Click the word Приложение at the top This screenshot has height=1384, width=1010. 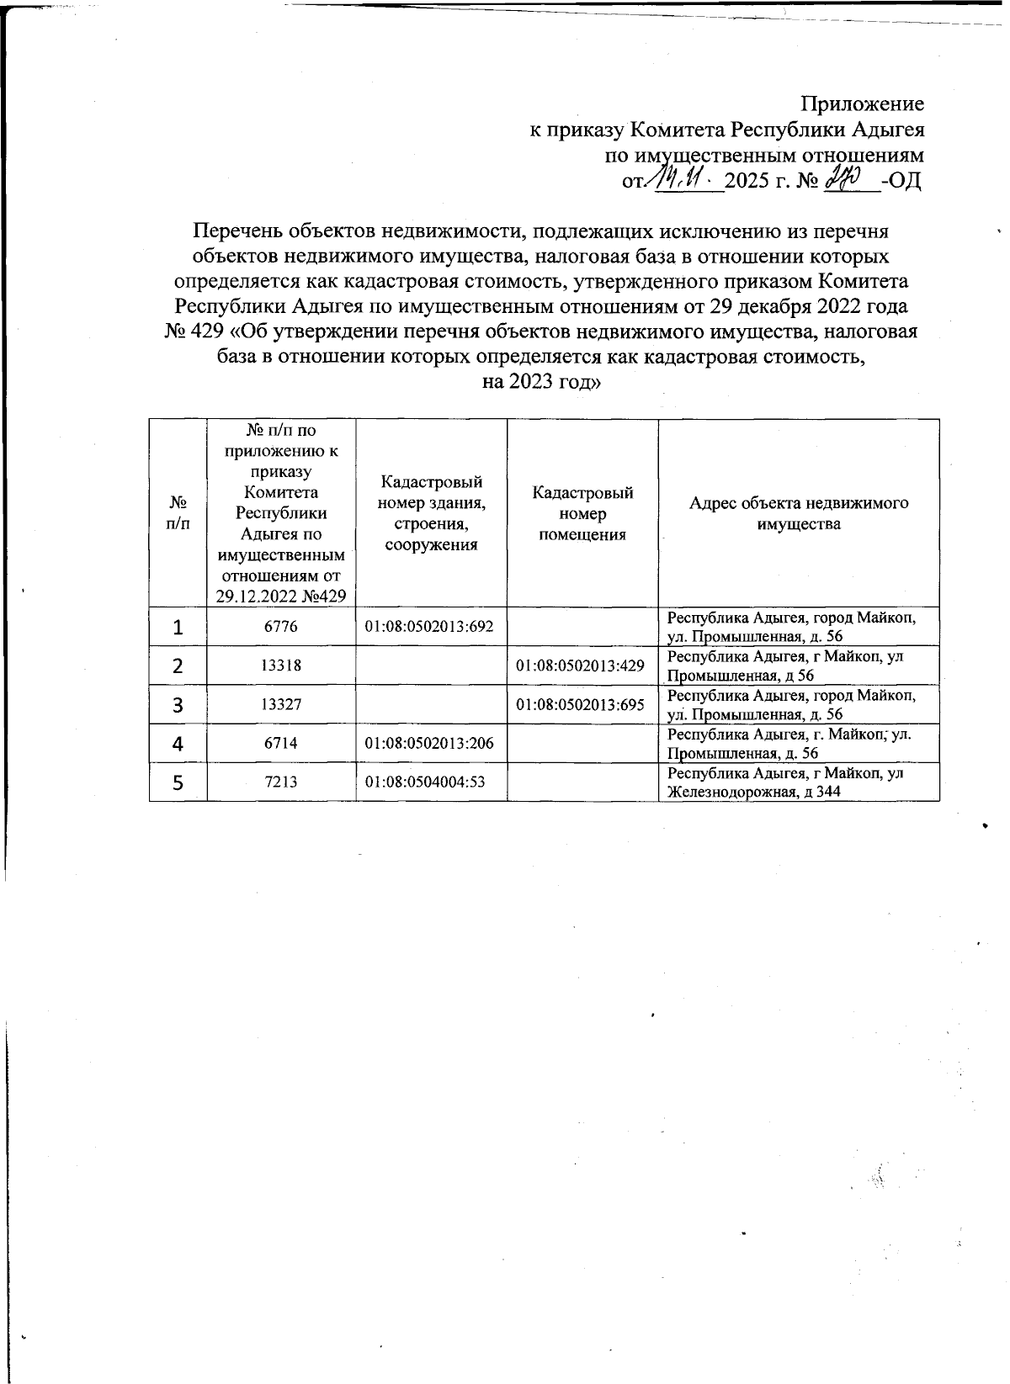tap(862, 103)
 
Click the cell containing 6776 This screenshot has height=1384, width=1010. tap(280, 627)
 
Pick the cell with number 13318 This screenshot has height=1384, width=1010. tap(280, 665)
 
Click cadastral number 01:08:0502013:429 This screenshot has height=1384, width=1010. tap(581, 665)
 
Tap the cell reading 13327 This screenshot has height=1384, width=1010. tap(280, 704)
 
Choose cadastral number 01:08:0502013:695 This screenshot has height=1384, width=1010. tap(581, 704)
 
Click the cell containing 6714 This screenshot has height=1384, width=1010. tap(280, 743)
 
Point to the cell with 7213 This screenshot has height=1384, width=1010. tap(280, 782)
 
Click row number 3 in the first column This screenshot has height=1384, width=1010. tap(178, 705)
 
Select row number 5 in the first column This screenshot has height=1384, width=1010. tap(178, 782)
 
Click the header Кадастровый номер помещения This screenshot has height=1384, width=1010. tap(582, 513)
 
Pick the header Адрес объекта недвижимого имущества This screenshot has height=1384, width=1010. tap(798, 513)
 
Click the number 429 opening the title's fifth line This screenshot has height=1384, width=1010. tap(205, 331)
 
